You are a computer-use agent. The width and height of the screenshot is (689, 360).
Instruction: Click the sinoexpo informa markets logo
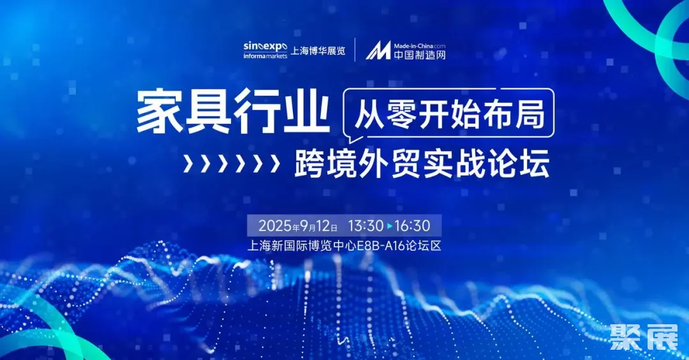(265, 50)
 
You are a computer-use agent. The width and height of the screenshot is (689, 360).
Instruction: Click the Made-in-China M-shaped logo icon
(378, 50)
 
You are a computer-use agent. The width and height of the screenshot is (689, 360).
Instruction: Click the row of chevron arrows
(232, 164)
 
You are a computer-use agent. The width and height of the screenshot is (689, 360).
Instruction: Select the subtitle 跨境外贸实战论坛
(422, 164)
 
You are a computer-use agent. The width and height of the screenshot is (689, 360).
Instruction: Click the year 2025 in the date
(275, 226)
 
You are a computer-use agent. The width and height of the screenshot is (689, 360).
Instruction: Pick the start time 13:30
(366, 226)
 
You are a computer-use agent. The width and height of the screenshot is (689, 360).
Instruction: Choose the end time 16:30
(413, 226)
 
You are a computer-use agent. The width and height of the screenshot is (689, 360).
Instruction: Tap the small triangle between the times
(389, 226)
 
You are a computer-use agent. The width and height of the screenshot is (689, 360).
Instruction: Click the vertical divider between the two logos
(355, 50)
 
